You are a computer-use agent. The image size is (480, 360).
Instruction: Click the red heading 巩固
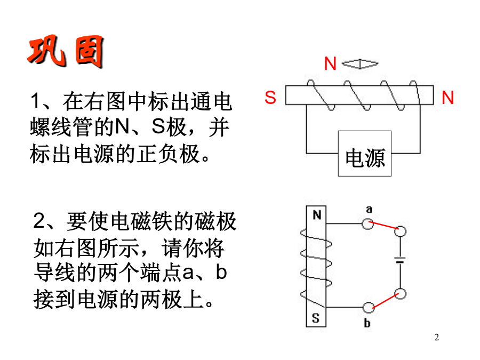[x=66, y=51]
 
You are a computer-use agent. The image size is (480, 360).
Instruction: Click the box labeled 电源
[x=365, y=154]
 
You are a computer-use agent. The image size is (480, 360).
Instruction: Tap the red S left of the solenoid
[x=270, y=98]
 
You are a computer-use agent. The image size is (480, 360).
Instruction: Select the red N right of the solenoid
[x=447, y=98]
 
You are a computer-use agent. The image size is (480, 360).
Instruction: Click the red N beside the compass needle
[x=330, y=63]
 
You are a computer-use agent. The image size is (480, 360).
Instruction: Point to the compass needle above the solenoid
[x=360, y=63]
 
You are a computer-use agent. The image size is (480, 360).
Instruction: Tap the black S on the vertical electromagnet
[x=316, y=318]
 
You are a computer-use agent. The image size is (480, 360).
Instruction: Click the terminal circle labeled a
[x=367, y=224]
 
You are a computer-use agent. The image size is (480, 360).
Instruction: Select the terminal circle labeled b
[x=368, y=307]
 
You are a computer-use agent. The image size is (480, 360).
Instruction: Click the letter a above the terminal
[x=369, y=210]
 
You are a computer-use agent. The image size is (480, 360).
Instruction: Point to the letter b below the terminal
[x=367, y=323]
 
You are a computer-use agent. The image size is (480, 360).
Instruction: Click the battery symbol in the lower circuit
[x=400, y=260]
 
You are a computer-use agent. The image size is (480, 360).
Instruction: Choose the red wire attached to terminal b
[x=386, y=301]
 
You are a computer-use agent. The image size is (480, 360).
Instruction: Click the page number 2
[x=436, y=337]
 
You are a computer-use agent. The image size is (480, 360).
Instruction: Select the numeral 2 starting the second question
[x=39, y=220]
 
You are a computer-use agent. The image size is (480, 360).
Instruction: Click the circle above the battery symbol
[x=400, y=231]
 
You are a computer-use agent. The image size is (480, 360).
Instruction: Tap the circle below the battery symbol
[x=400, y=294]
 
